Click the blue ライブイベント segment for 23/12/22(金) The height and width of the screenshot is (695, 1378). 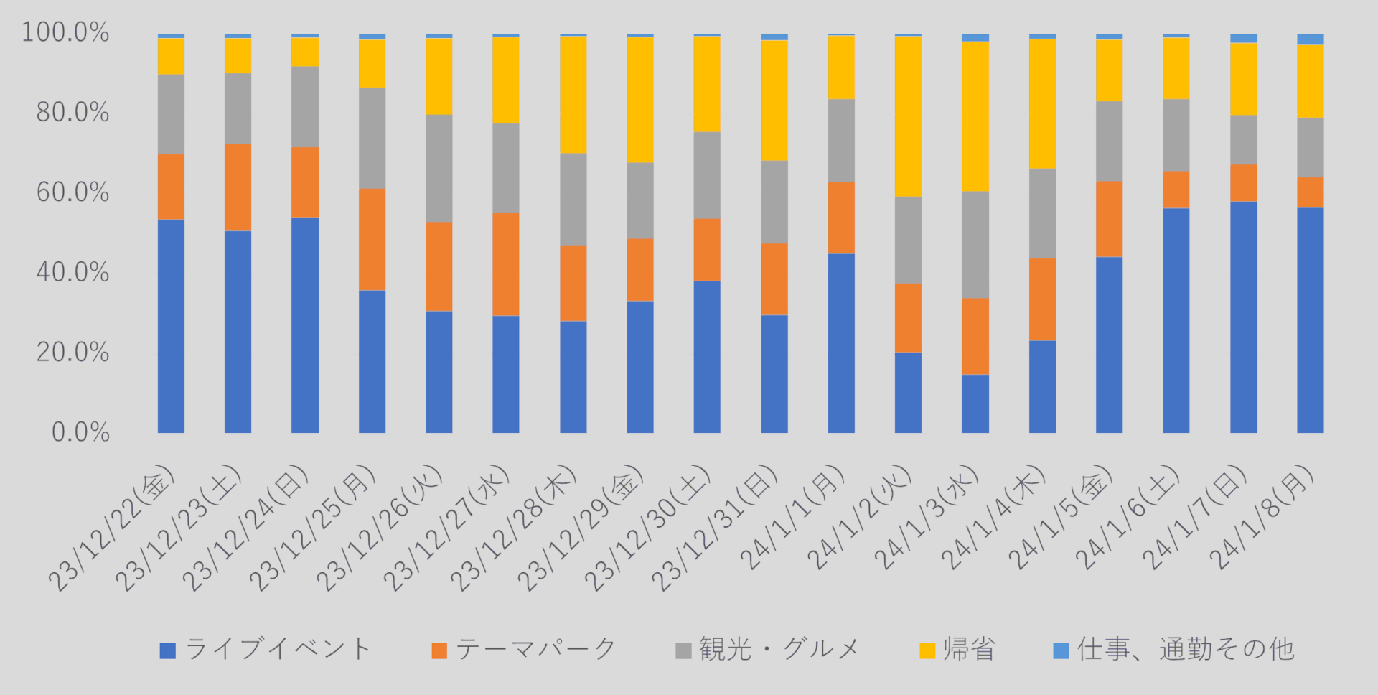[171, 326]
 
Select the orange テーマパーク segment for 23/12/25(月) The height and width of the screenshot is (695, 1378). [372, 239]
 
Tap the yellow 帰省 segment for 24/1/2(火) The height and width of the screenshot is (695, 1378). [908, 116]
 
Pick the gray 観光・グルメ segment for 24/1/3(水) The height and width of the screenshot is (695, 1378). [975, 244]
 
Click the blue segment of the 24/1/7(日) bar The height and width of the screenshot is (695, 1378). [1243, 317]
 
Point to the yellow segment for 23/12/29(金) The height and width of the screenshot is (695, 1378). [639, 100]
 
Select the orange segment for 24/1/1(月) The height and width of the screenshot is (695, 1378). [841, 218]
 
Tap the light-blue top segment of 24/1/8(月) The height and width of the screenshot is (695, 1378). [1310, 39]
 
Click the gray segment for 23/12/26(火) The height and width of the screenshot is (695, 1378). [439, 168]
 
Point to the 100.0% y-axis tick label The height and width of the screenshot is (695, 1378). [65, 32]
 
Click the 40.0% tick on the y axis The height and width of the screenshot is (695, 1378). [72, 272]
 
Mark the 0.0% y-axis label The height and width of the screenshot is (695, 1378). [80, 432]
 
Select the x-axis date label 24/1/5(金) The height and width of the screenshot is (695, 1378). [1062, 517]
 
